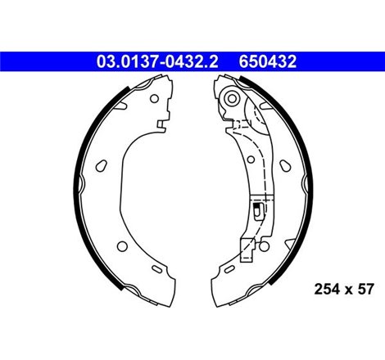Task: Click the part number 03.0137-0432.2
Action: pos(157,61)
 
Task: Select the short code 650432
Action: pos(268,61)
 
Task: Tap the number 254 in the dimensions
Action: pos(327,289)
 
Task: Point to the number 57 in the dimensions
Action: pos(365,289)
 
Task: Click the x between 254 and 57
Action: pos(349,290)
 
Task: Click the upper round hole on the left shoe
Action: pos(154,98)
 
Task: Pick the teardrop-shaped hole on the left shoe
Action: pos(101,165)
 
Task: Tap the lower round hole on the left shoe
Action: pos(122,246)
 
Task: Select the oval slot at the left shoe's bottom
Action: pos(157,269)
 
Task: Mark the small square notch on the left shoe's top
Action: pos(161,124)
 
